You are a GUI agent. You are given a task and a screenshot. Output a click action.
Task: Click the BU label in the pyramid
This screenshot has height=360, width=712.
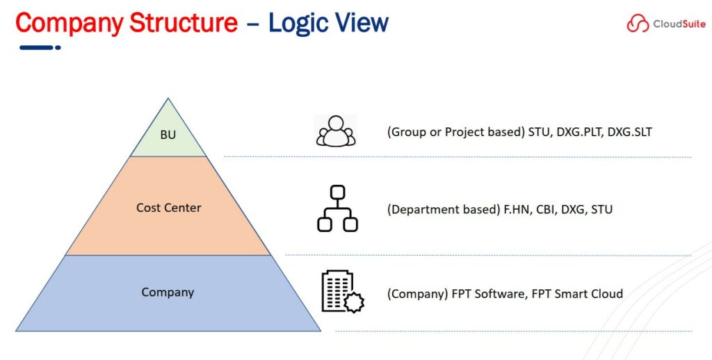pos(168,135)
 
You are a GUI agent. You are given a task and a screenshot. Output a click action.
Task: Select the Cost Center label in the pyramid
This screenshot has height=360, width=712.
pos(168,208)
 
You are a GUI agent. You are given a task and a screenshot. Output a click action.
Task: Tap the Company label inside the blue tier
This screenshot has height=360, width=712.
pos(168,293)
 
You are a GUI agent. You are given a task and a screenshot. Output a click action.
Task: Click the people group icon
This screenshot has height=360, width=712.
pos(336,131)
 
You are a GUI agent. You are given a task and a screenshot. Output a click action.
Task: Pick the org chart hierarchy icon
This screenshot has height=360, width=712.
pos(337,208)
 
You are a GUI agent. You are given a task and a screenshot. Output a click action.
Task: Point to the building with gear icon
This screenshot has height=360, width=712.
pos(342,292)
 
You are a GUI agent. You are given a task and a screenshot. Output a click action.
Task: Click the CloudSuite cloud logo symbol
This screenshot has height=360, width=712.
pos(638,23)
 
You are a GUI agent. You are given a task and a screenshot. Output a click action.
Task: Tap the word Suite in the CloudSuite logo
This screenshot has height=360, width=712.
pos(693,24)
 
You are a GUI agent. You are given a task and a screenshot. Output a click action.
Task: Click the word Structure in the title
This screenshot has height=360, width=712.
pos(184,22)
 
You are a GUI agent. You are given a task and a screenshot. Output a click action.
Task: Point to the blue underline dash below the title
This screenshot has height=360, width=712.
pos(40,47)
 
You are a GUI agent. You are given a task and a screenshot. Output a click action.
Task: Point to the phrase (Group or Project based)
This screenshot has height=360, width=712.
pos(456,132)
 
